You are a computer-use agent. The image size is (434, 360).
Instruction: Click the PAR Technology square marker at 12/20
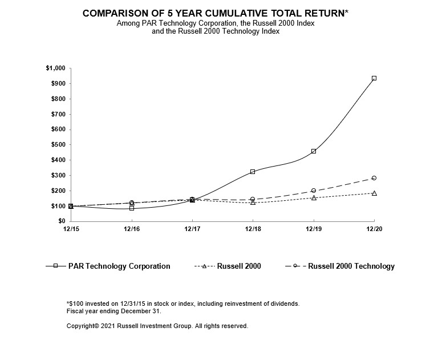click(x=374, y=78)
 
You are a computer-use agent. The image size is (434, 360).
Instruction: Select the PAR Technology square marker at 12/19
click(x=314, y=151)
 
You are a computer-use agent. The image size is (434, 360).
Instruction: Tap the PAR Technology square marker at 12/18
click(x=253, y=172)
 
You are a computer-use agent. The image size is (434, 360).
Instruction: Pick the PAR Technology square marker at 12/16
click(x=132, y=208)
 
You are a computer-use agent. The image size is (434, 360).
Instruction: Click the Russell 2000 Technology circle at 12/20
click(x=374, y=178)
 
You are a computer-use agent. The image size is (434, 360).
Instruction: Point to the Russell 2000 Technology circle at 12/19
click(x=314, y=191)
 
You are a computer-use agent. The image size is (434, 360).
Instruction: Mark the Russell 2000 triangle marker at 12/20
click(x=374, y=193)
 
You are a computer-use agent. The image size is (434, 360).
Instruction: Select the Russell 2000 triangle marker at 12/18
click(x=253, y=203)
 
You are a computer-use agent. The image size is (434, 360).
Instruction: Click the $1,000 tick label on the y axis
click(x=55, y=68)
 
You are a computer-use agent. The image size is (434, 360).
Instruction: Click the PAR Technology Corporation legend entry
click(x=119, y=266)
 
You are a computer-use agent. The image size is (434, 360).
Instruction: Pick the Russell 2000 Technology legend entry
click(x=351, y=266)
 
